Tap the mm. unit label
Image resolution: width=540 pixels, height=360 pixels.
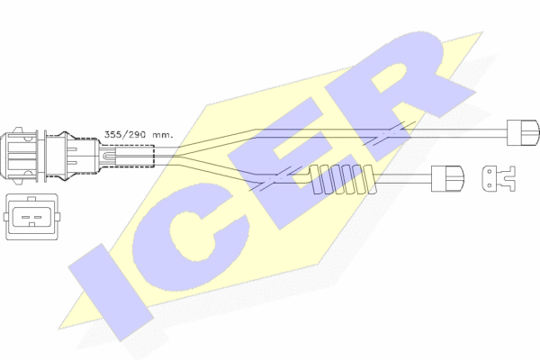tap(162, 134)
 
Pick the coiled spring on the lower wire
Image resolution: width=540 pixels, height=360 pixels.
tap(342, 180)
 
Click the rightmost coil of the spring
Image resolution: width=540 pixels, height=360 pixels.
tap(367, 179)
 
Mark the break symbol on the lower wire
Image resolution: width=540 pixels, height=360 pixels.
tap(268, 179)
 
